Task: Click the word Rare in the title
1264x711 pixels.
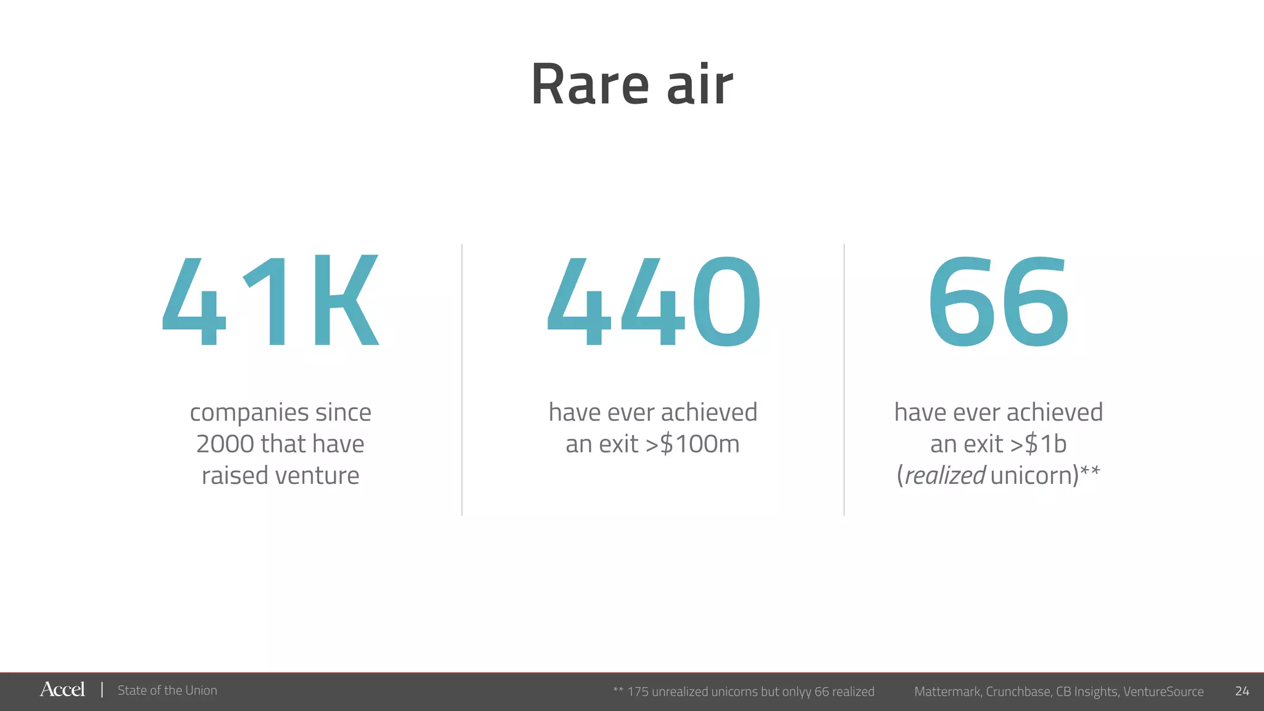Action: [590, 85]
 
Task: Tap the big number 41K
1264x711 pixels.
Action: [270, 301]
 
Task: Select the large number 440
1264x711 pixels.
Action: [654, 301]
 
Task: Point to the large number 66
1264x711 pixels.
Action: [998, 301]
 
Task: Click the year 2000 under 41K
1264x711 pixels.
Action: [224, 444]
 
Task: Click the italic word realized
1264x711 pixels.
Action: [945, 476]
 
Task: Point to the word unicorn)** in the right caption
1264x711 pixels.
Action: [1046, 475]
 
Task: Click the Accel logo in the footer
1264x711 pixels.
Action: [62, 689]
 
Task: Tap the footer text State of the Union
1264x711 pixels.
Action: [167, 691]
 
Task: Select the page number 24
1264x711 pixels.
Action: [1242, 691]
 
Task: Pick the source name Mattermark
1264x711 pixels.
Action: [947, 692]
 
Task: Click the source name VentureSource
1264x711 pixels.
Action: [1163, 692]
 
